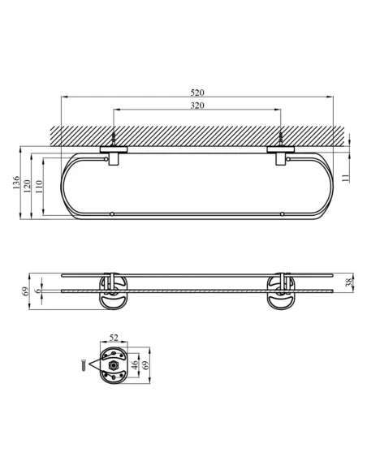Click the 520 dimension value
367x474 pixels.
coord(197,93)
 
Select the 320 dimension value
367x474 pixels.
coord(197,106)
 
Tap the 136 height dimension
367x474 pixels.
coord(16,183)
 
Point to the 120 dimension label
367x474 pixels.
coord(28,187)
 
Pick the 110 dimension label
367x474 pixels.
coord(39,187)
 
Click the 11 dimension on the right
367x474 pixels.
coord(346,178)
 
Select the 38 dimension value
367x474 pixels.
coord(349,282)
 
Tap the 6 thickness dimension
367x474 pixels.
coord(38,291)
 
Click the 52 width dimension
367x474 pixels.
coord(114,338)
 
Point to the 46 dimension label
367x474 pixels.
coord(135,364)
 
